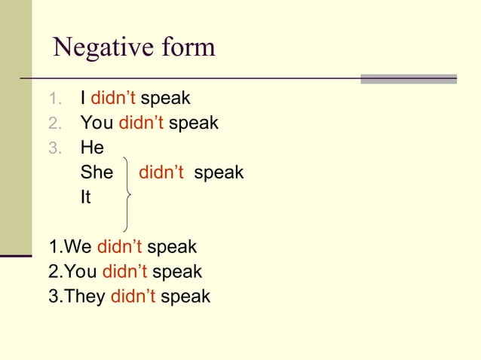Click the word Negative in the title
pos(96,48)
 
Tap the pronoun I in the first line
pos(83,99)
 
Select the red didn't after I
pos(112,99)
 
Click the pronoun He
pos(92,148)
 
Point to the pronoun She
pos(97,172)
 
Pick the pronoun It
pos(86,197)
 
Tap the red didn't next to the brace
pos(161,172)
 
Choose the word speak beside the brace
pos(219,172)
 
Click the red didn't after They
pos(133,296)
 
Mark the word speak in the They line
pos(185,297)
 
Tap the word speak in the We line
pos(172,247)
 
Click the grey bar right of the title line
pos(409,79)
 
